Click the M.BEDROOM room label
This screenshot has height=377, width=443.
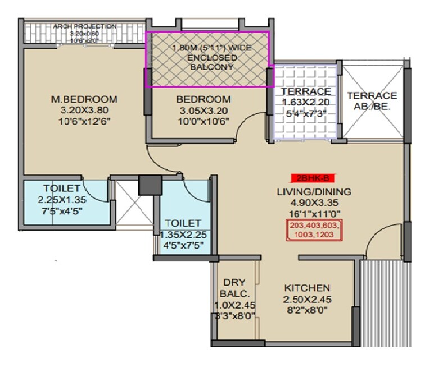(84, 99)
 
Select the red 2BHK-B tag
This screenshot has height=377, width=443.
(313, 178)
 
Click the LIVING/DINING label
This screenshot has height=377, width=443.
(314, 192)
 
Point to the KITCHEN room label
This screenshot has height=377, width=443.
(306, 287)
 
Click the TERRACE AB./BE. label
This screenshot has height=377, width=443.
(372, 100)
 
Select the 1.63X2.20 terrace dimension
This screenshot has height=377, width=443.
(305, 103)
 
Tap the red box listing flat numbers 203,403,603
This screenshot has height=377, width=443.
(314, 231)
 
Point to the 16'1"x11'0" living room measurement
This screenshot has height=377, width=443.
(314, 213)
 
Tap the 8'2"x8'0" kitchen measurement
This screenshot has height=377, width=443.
(306, 309)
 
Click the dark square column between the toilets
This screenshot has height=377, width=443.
(148, 185)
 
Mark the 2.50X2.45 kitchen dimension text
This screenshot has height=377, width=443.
(306, 298)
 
